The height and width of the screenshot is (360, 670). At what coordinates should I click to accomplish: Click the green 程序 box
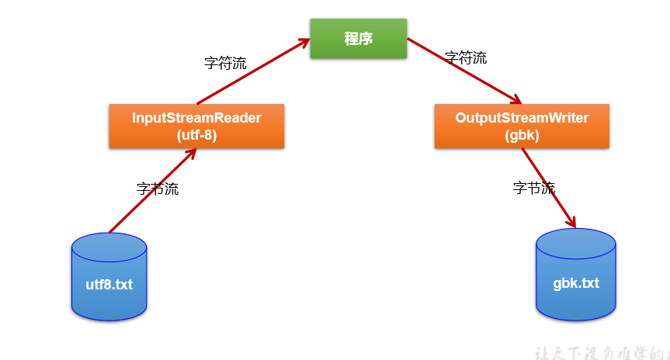(x=358, y=38)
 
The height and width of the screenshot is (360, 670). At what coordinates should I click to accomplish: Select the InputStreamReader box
(x=196, y=126)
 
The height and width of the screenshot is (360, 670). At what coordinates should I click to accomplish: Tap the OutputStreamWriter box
(x=522, y=126)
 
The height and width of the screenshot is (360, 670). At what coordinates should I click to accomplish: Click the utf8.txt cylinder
(x=109, y=277)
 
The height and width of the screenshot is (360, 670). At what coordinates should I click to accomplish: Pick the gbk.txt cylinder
(x=576, y=275)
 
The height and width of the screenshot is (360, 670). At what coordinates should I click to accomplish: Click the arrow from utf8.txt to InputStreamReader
(x=151, y=190)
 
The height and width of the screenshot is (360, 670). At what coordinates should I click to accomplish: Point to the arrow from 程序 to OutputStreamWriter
(x=463, y=71)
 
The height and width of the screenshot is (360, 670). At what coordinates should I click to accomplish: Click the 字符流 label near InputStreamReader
(x=225, y=64)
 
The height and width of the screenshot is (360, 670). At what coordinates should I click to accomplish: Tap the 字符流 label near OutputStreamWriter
(x=466, y=57)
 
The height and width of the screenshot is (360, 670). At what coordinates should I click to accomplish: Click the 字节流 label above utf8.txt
(x=158, y=189)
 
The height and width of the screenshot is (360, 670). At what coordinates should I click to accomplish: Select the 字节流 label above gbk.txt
(x=534, y=188)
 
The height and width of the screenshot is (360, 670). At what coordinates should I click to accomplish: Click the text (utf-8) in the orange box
(x=196, y=134)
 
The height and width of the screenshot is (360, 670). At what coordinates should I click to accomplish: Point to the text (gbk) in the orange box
(x=522, y=134)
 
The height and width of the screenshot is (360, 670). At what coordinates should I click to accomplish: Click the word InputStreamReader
(x=196, y=118)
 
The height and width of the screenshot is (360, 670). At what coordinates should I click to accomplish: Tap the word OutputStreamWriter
(x=522, y=118)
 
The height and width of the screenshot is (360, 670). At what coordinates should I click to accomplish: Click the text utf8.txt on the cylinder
(x=109, y=285)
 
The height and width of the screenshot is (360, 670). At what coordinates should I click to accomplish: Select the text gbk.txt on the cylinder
(x=576, y=282)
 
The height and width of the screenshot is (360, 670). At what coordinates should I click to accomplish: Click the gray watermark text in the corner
(x=602, y=352)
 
